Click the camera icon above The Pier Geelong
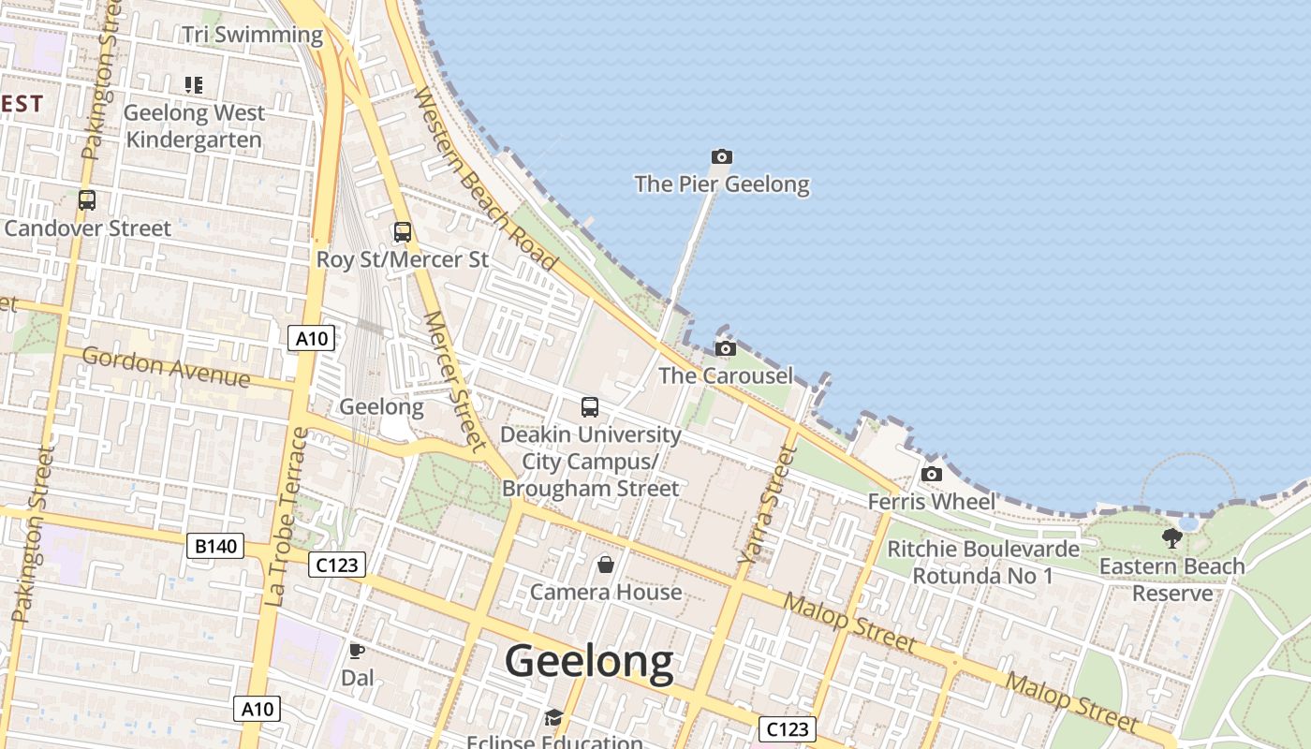point(721,156)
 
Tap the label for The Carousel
point(726,375)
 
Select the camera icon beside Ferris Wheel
point(931,474)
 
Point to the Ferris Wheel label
point(932,501)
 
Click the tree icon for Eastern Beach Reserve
point(1171,538)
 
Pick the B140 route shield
point(214,546)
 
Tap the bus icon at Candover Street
point(87,200)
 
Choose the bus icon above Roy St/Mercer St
point(402,232)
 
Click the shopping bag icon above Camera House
point(606,565)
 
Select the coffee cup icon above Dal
point(356,650)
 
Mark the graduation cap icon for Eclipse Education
point(553,718)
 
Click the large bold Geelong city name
point(589,661)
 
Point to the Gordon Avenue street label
point(166,366)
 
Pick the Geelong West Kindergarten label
point(194,126)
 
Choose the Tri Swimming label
point(252,36)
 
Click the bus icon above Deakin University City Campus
point(589,407)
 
